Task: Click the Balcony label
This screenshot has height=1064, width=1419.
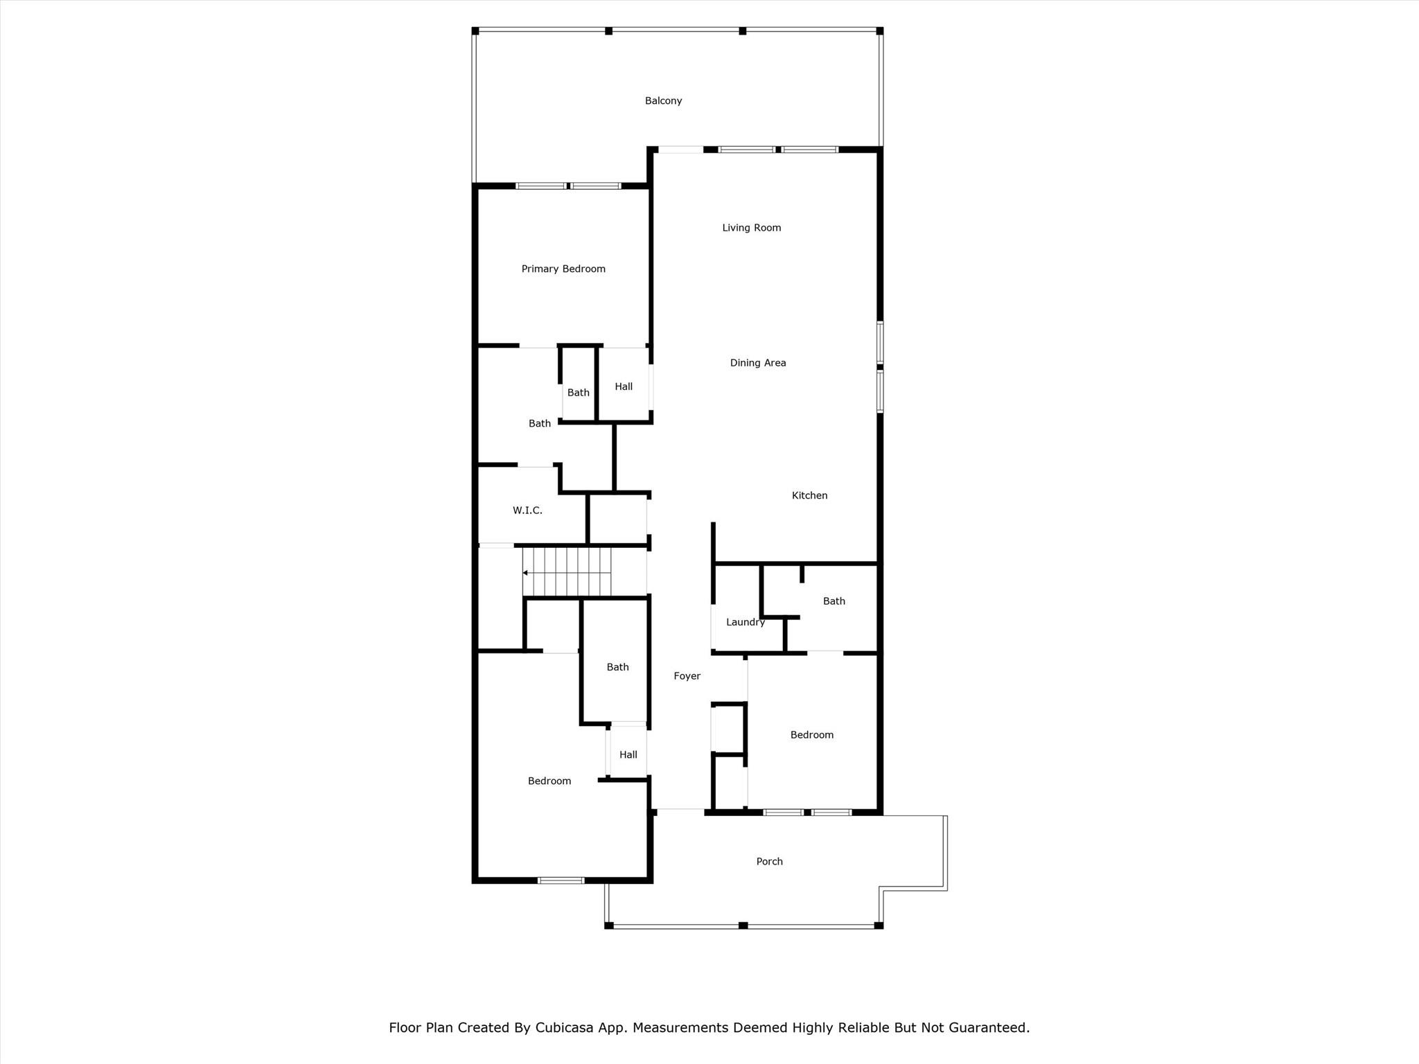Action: (663, 101)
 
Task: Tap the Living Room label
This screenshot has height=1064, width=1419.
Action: (751, 228)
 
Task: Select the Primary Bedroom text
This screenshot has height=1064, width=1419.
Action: (563, 269)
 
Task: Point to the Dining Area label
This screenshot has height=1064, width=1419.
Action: (757, 363)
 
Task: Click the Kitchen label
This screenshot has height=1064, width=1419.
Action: (809, 495)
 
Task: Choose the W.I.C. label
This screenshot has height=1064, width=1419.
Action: (527, 511)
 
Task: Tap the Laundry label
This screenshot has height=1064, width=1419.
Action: (745, 622)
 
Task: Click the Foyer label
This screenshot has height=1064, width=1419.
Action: (687, 676)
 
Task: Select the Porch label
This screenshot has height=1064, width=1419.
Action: (769, 862)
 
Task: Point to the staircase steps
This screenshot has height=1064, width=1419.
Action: (575, 571)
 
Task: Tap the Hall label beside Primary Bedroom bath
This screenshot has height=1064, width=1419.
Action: (624, 387)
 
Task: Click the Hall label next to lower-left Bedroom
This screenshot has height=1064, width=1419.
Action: (628, 755)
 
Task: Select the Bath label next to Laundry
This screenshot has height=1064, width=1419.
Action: (834, 601)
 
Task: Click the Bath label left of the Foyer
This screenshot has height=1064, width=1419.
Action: (617, 667)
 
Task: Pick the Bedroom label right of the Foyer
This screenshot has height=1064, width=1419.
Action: (811, 735)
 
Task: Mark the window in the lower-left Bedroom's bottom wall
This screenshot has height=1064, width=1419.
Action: (561, 880)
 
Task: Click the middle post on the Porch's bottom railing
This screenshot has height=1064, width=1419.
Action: (743, 925)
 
